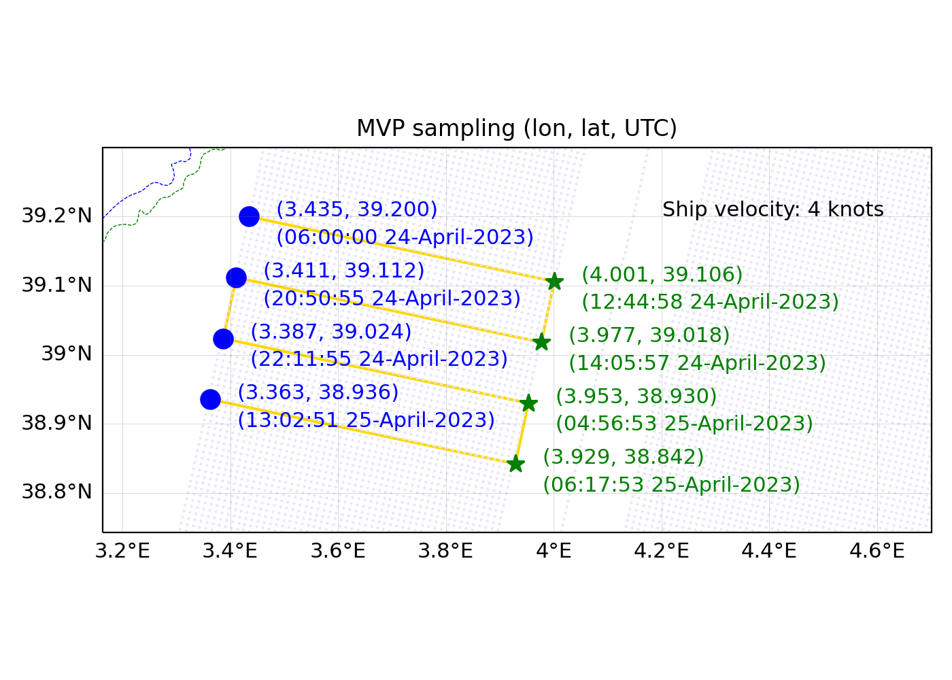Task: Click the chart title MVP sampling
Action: tap(517, 129)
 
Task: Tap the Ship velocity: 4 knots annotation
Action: tap(772, 209)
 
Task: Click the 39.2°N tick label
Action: tap(57, 216)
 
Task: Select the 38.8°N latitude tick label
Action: tap(57, 492)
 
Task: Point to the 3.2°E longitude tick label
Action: tap(122, 551)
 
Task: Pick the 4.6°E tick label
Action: tap(877, 551)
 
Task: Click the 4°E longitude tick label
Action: tap(554, 551)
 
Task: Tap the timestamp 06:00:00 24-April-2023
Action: tap(405, 237)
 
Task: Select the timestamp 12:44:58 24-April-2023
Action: tap(710, 302)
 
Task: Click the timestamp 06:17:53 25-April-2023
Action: tap(671, 485)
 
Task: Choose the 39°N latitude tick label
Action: tap(67, 354)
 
